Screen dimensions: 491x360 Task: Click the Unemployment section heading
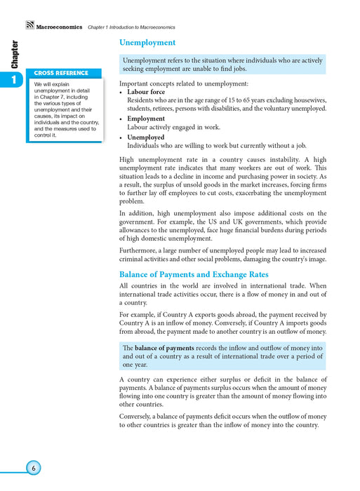pyautogui.click(x=147, y=43)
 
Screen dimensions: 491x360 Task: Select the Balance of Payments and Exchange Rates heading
pyautogui.click(x=194, y=274)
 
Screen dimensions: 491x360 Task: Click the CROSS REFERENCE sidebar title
pyautogui.click(x=62, y=73)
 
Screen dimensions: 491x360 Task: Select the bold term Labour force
pyautogui.click(x=146, y=92)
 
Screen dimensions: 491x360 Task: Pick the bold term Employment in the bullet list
pyautogui.click(x=146, y=119)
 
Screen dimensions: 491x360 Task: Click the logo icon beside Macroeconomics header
pyautogui.click(x=29, y=27)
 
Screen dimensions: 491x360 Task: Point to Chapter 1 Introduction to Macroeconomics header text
pyautogui.click(x=131, y=27)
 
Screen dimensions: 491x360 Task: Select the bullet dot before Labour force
pyautogui.click(x=121, y=93)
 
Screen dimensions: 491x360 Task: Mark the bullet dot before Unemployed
pyautogui.click(x=121, y=138)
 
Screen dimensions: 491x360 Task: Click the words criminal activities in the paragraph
pyautogui.click(x=151, y=260)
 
